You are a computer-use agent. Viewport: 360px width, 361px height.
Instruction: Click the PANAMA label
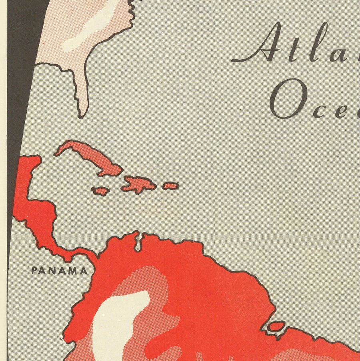point(59,271)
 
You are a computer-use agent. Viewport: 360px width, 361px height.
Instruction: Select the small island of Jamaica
point(101,191)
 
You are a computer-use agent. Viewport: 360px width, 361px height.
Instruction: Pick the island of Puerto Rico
point(171,186)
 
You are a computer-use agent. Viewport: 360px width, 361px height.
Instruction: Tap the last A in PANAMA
point(84,271)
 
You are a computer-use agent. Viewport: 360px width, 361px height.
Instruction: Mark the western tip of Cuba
point(56,154)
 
